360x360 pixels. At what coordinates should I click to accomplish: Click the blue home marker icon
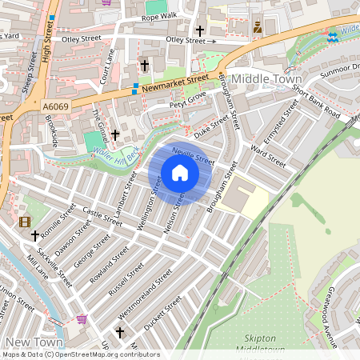(x=180, y=173)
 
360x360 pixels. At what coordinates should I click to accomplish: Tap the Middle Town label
(x=266, y=80)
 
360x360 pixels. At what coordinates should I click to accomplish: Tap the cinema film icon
(x=25, y=222)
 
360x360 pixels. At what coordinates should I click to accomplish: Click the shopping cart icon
(x=82, y=319)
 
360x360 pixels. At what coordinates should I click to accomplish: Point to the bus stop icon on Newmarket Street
(x=136, y=86)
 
